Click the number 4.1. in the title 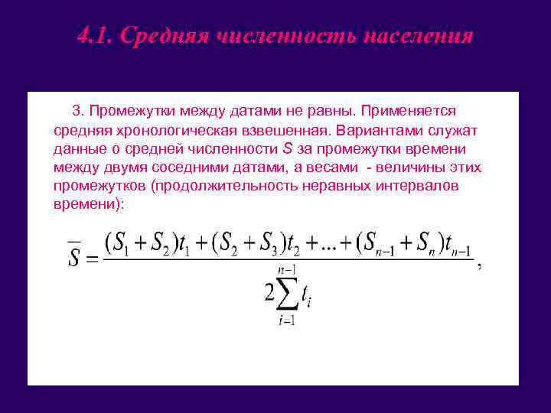click(x=95, y=37)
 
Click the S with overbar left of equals click(x=73, y=255)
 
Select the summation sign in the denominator click(x=288, y=293)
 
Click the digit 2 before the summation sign click(x=269, y=292)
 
